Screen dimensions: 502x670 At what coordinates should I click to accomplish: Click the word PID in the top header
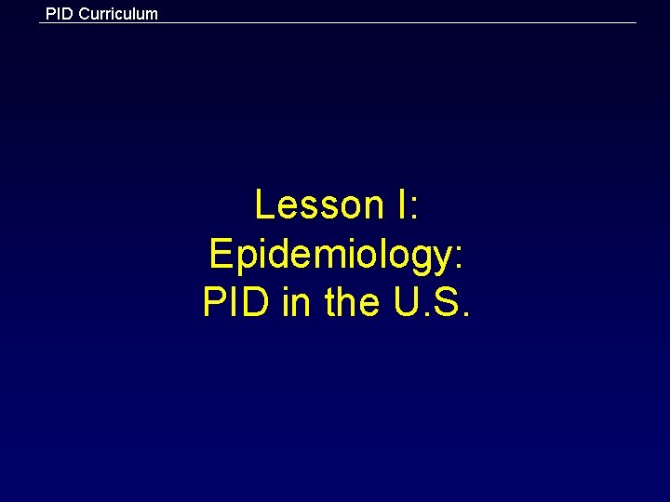[x=59, y=14]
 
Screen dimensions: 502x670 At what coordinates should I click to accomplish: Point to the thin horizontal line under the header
[x=372, y=23]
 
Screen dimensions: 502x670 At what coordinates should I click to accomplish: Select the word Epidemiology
[x=330, y=255]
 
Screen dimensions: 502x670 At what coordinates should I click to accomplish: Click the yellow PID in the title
[x=237, y=303]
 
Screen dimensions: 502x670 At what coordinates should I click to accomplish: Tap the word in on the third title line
[x=298, y=303]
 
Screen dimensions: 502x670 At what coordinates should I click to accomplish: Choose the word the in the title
[x=351, y=303]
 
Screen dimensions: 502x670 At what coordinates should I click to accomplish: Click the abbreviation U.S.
[x=432, y=303]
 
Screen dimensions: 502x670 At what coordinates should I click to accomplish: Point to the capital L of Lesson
[x=265, y=205]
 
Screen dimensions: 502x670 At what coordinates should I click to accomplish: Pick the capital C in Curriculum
[x=86, y=14]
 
